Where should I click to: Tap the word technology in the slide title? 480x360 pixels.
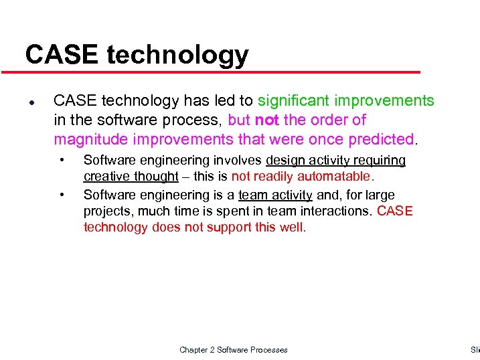point(177,56)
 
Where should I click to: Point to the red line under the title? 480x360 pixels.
point(221,72)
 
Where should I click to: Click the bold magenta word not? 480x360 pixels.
point(267,120)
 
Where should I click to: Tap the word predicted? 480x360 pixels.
point(382,139)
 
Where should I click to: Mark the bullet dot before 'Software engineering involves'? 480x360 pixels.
point(62,161)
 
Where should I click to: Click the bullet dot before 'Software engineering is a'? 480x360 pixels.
point(62,195)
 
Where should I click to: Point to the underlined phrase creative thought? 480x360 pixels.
point(131,177)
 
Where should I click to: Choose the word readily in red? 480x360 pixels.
point(276,177)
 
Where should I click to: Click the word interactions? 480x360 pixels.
point(338,211)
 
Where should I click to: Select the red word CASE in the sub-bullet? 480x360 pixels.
point(395,211)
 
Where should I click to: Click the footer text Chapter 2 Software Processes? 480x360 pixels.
point(234,350)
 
